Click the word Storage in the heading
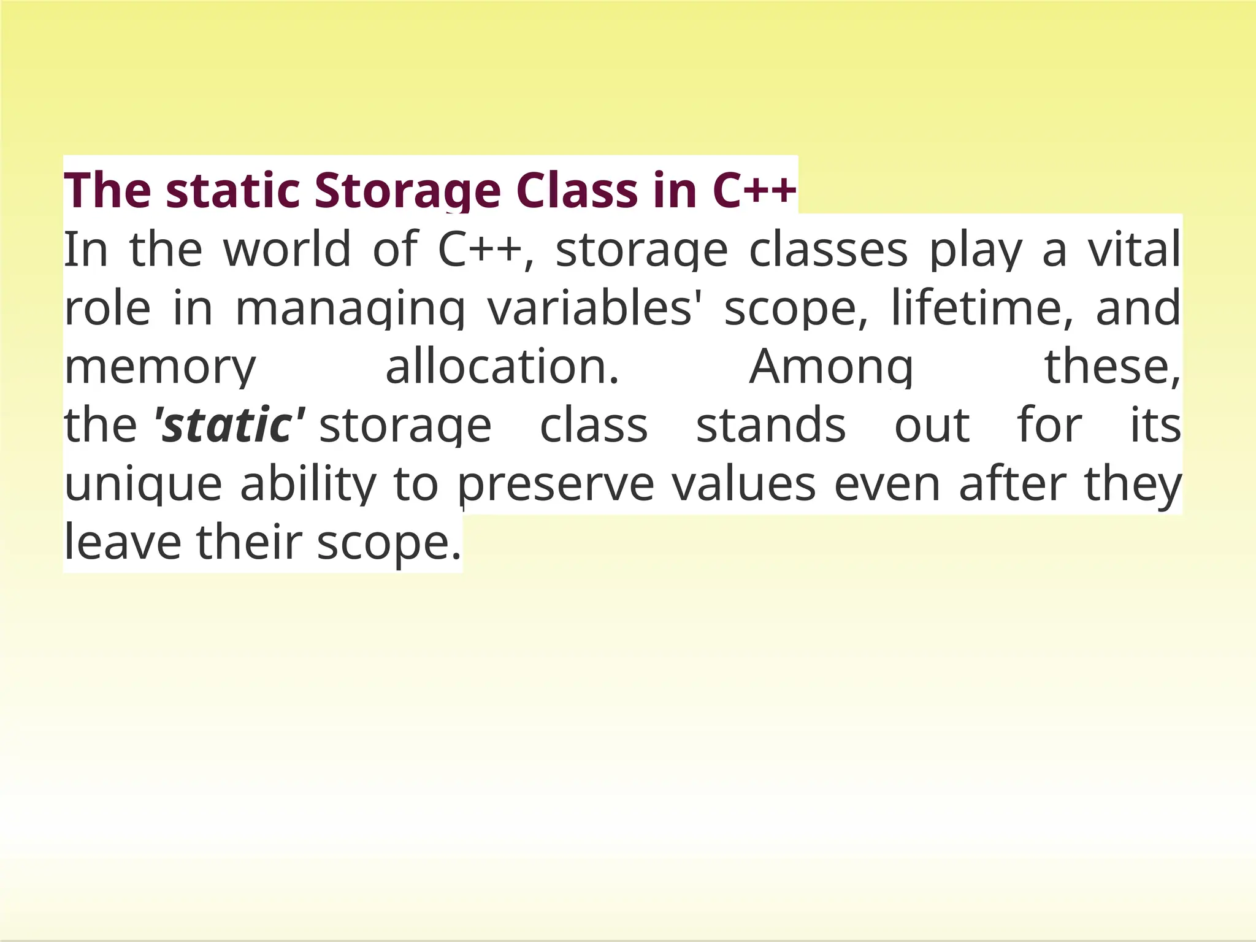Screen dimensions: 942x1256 pyautogui.click(x=407, y=191)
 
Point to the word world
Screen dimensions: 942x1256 pyautogui.click(x=287, y=250)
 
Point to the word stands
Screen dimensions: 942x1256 pyautogui.click(x=771, y=425)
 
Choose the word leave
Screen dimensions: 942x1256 pyautogui.click(x=123, y=543)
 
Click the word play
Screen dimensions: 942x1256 pyautogui.click(x=976, y=250)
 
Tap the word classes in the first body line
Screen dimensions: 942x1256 pyautogui.click(x=828, y=250)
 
